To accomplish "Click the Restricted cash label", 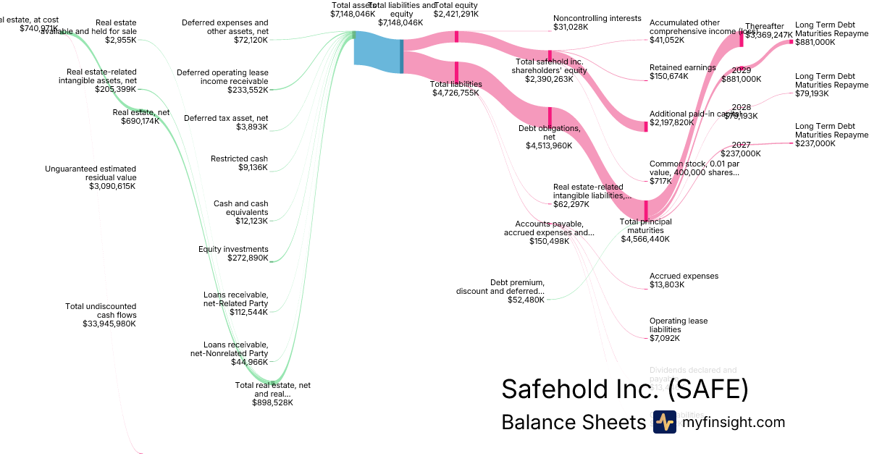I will (x=239, y=159).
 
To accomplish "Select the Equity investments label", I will (x=233, y=249).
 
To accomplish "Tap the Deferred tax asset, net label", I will (x=226, y=118).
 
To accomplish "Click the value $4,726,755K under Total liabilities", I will (x=456, y=93).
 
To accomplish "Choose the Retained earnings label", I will (x=682, y=67).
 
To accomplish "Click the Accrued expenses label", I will (x=684, y=276).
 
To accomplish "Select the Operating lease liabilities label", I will (x=679, y=325).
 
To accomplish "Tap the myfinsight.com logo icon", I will (x=664, y=422).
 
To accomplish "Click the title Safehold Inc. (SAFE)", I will (x=624, y=389).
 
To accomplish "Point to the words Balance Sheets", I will (x=573, y=423).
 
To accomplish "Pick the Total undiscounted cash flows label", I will (x=101, y=311).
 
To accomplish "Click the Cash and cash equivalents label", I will (x=240, y=208).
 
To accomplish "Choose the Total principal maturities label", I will (x=645, y=226).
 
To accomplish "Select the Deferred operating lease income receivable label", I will (x=222, y=77).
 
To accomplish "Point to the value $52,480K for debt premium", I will (x=526, y=300).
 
